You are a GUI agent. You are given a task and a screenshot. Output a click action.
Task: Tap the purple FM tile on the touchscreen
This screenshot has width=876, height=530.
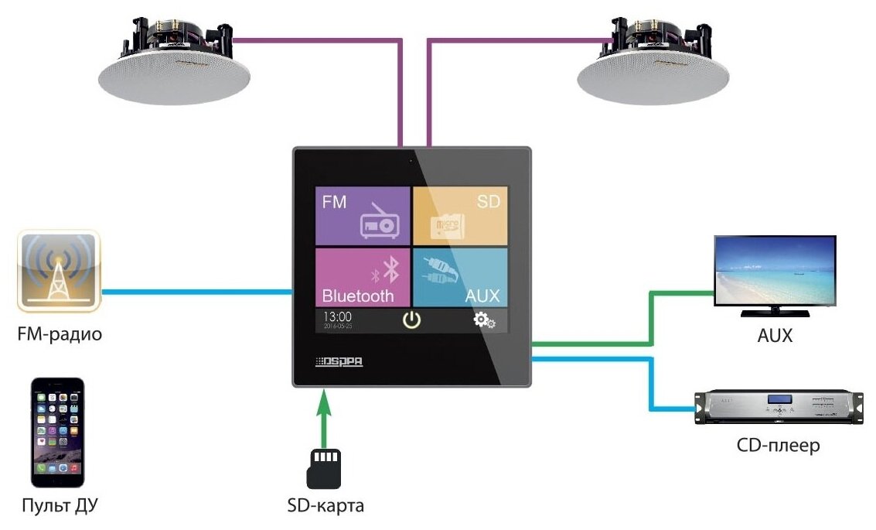click(x=362, y=216)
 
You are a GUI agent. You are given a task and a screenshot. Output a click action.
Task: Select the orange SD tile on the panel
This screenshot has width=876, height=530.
click(x=460, y=216)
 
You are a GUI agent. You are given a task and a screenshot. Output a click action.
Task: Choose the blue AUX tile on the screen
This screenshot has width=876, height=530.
click(x=460, y=276)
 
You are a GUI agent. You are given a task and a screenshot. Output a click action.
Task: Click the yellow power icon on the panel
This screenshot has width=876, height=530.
click(x=412, y=320)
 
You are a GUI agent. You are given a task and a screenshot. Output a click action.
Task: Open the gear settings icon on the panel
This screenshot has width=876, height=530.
click(x=485, y=320)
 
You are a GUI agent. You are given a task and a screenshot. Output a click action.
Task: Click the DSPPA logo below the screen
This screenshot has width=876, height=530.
click(x=341, y=361)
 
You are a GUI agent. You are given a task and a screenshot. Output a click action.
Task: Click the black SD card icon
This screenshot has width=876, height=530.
click(x=324, y=467)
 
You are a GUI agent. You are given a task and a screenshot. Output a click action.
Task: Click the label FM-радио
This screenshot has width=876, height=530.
click(x=60, y=335)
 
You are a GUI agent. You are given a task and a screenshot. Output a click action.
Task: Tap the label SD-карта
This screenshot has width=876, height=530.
click(x=324, y=507)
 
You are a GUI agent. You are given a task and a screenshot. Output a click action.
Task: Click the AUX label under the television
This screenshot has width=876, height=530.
click(x=775, y=337)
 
